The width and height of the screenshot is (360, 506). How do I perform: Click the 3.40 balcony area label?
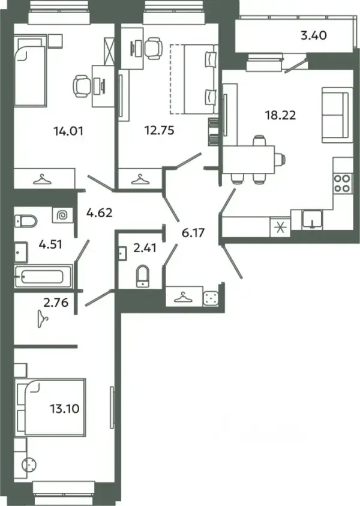(x=314, y=35)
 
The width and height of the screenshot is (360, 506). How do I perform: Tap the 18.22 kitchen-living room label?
(x=280, y=115)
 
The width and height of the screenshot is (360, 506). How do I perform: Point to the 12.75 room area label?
(x=159, y=130)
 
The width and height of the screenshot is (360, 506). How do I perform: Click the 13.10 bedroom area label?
(x=65, y=409)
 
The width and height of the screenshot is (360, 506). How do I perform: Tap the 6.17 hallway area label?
(x=193, y=232)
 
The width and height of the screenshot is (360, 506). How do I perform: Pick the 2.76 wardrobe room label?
(x=56, y=303)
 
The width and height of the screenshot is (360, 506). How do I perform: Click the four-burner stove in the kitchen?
(x=342, y=183)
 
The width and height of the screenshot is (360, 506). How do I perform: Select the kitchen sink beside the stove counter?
(x=312, y=219)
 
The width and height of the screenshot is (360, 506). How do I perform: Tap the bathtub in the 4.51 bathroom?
(x=43, y=276)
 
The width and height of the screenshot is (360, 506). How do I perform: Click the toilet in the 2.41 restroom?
(x=143, y=276)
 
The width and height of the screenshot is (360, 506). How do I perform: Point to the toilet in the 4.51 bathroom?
(x=26, y=221)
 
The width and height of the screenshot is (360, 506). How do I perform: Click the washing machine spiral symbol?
(x=62, y=215)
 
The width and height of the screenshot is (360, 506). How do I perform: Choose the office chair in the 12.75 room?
(x=152, y=47)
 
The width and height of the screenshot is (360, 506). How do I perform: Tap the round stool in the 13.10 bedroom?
(x=29, y=465)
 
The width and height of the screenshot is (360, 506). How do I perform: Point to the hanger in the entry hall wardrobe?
(x=182, y=297)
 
